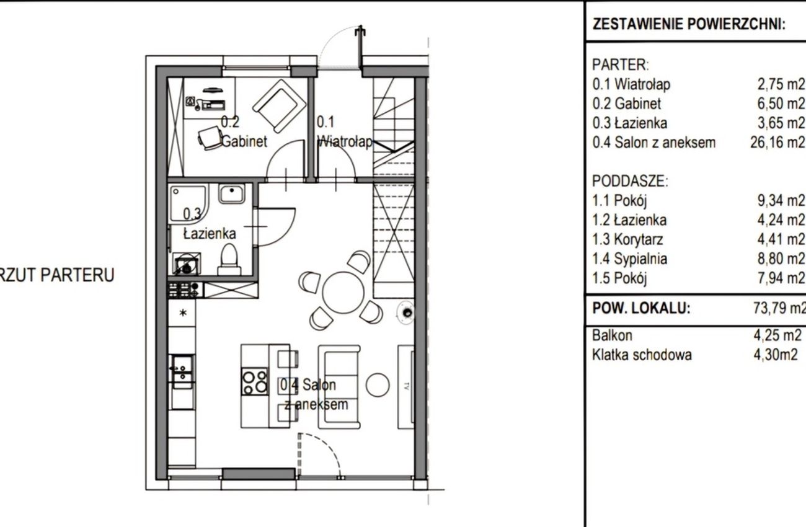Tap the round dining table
(343, 293)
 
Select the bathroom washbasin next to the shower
(231, 193)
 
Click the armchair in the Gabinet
(280, 106)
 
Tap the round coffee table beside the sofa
(378, 384)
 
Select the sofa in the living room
(339, 387)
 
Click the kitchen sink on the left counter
(183, 372)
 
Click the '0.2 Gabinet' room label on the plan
(244, 131)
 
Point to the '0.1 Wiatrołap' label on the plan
(344, 131)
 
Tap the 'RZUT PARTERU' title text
(57, 275)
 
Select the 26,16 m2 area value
(777, 143)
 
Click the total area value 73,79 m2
(779, 308)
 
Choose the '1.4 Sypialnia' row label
(630, 259)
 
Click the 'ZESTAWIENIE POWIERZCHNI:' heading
(689, 24)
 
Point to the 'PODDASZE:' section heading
(630, 181)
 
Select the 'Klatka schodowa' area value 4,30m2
(776, 355)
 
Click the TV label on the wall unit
(407, 386)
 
